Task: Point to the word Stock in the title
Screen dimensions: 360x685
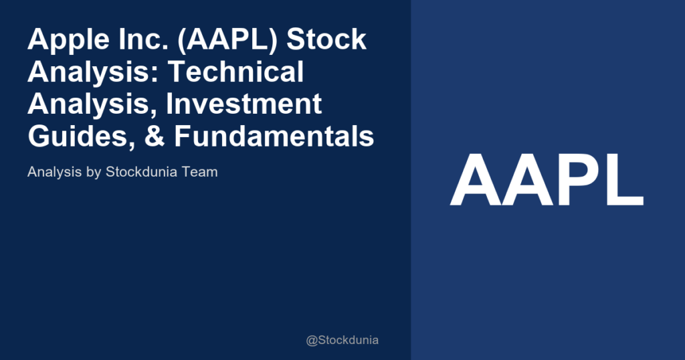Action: [x=327, y=40]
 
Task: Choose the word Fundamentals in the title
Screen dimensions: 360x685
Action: [x=274, y=137]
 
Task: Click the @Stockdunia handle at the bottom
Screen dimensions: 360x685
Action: [x=342, y=340]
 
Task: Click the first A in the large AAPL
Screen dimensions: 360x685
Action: [x=476, y=181]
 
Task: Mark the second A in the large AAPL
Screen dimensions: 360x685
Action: [x=526, y=181]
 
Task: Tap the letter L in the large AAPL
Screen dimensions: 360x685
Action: [x=623, y=181]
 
